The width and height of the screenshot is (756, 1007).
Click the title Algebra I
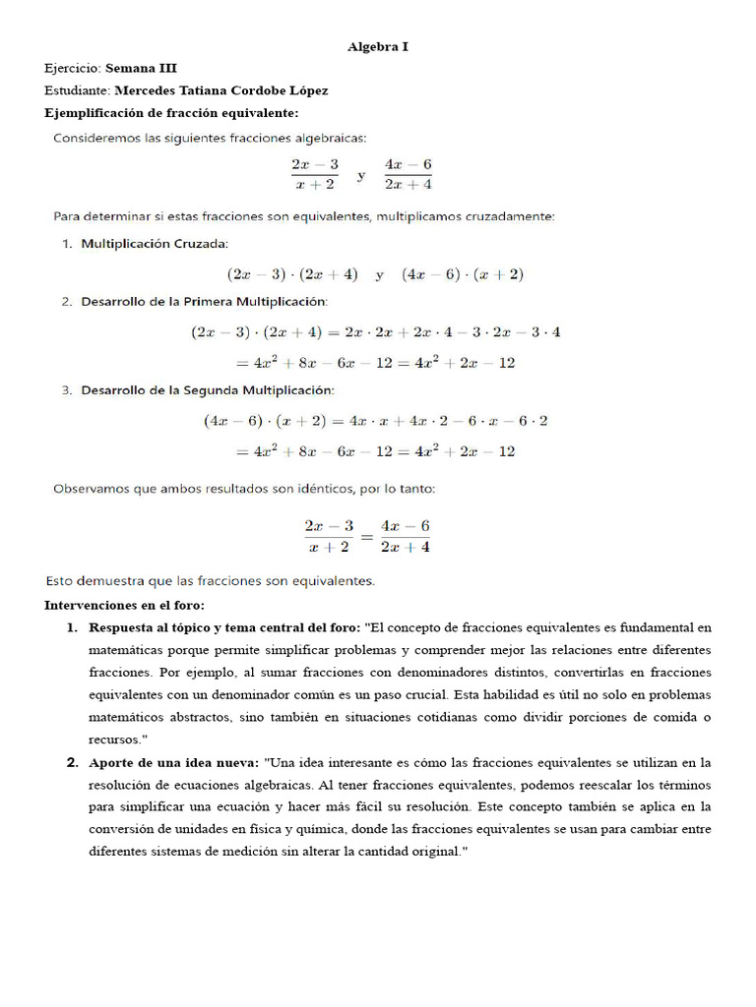pos(378,46)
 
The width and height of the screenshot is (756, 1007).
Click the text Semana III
pos(142,69)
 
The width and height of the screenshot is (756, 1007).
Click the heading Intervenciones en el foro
pos(125,604)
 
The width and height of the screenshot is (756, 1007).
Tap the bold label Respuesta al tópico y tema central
pos(224,627)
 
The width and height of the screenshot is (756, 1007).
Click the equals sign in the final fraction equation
pos(366,537)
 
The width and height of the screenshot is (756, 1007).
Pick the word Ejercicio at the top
pos(72,69)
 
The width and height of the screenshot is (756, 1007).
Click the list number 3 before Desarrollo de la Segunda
pos(66,390)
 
